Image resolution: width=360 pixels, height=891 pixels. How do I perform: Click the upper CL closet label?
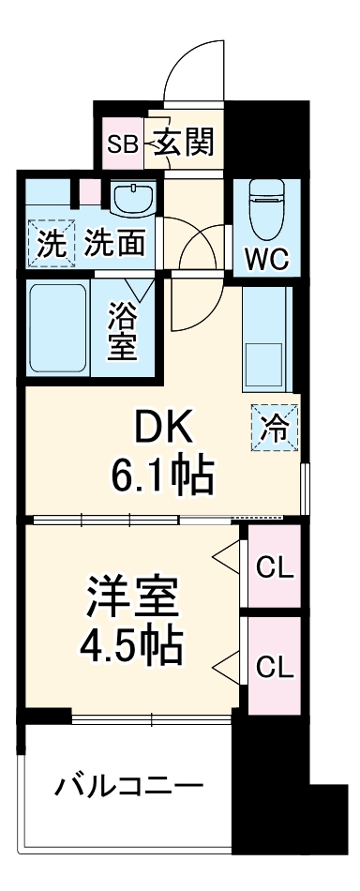[x=275, y=566]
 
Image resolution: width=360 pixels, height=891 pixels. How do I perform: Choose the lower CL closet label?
[x=275, y=667]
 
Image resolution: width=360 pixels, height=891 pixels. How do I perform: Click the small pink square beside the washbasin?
[x=89, y=191]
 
